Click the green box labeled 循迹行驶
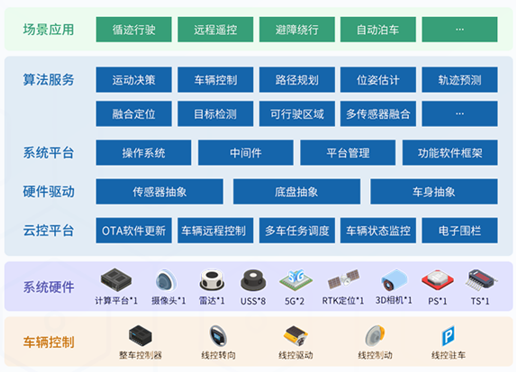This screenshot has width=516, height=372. pos(133,30)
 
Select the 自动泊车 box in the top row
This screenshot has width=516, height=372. pos(378,30)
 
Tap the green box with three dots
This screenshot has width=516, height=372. pos(460,30)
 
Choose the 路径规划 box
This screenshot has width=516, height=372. pos(297,79)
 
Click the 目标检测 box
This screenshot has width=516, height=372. pos(215,113)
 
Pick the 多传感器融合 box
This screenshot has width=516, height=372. pos(378,113)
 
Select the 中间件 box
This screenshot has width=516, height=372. pos(246,153)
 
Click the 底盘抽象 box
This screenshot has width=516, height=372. pos(296,192)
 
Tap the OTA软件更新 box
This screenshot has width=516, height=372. pos(133,231)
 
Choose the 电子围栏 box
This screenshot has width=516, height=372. pos(460,231)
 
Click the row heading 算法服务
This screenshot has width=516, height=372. pos(49,80)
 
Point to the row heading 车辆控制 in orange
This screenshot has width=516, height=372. pos(49,342)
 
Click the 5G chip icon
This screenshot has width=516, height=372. pos(295,280)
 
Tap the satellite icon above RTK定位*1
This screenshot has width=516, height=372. pos(344,280)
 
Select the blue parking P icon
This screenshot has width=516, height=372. pos(448,336)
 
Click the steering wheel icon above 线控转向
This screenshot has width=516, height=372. pos(218,336)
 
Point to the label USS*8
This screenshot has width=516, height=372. pos(253,301)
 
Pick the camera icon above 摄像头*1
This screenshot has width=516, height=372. pos(167,280)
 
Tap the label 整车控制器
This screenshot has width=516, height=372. pos(140,355)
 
